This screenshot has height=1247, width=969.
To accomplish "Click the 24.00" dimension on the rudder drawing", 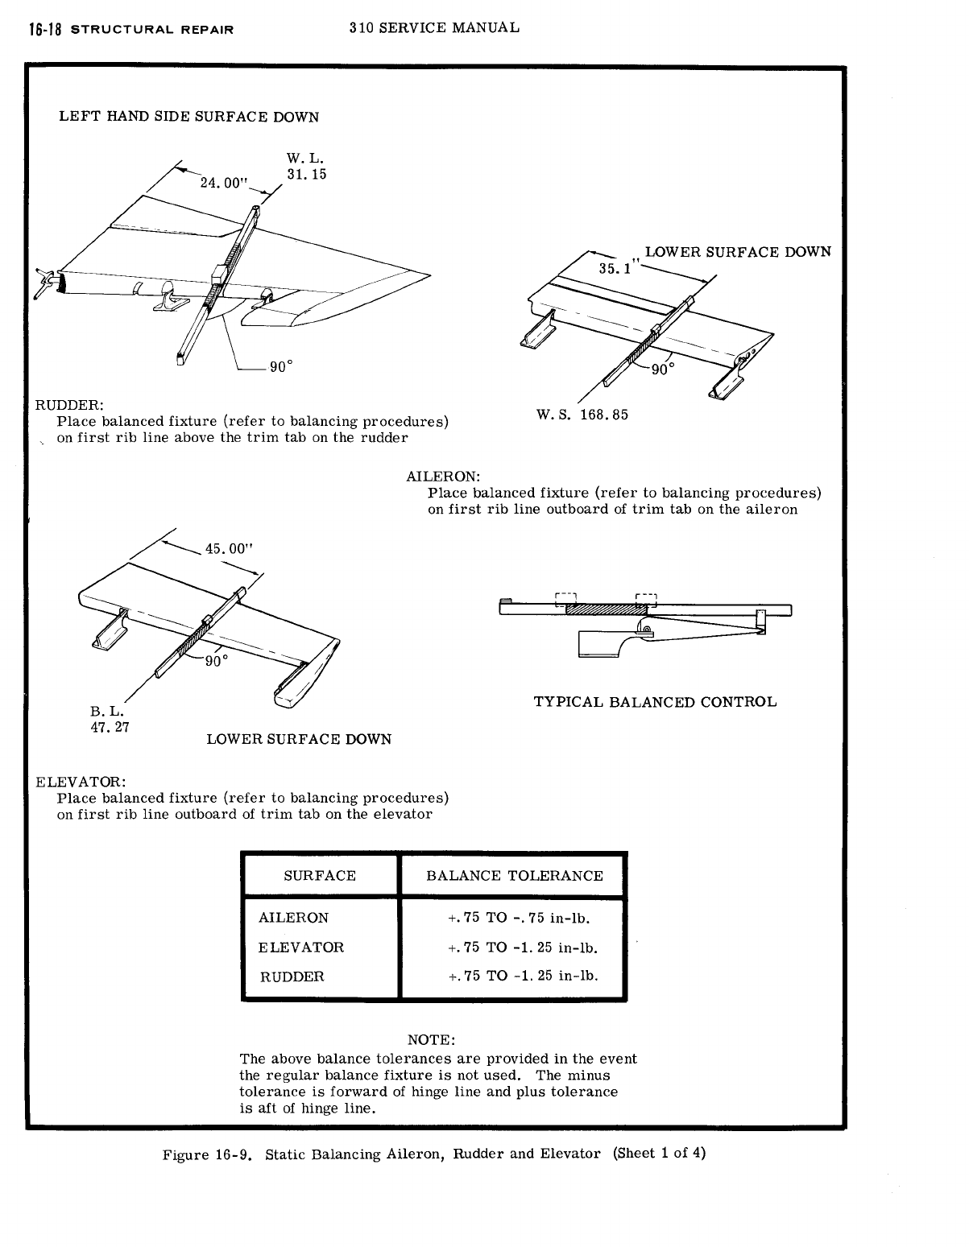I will tap(225, 183).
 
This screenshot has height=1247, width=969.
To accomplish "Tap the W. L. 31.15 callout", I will tap(306, 167).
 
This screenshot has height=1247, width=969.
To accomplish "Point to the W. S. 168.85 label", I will tap(582, 415).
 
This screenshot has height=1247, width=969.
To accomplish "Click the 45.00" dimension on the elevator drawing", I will tap(229, 549).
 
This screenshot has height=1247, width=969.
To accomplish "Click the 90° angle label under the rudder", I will tap(280, 367).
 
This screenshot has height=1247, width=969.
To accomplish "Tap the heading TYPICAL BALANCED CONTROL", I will tap(655, 702).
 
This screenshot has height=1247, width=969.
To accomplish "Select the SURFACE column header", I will tap(320, 876).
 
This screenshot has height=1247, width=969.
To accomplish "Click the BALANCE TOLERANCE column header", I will tap(514, 876).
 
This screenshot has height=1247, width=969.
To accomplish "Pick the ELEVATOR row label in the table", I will tap(301, 948).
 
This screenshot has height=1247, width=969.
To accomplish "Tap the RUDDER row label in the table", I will tap(292, 977).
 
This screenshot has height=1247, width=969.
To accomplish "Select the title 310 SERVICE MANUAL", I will tap(434, 27).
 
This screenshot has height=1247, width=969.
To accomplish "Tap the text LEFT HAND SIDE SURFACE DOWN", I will tap(189, 117).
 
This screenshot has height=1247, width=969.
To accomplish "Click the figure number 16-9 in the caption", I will tap(234, 1154).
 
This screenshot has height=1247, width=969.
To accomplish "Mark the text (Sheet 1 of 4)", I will tap(659, 1153).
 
